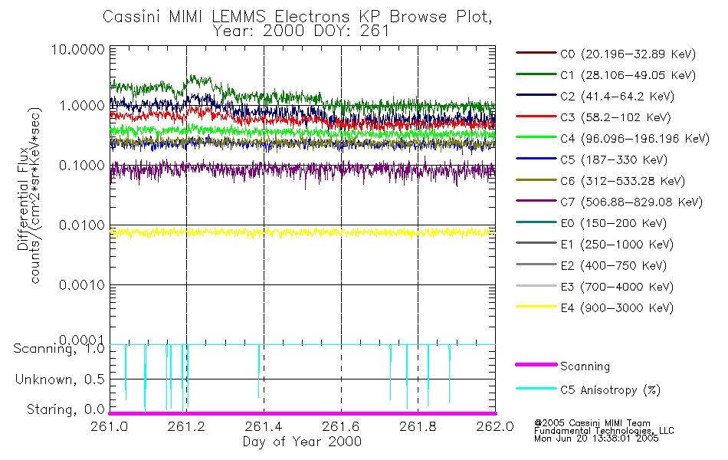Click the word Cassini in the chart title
[x=132, y=16]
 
